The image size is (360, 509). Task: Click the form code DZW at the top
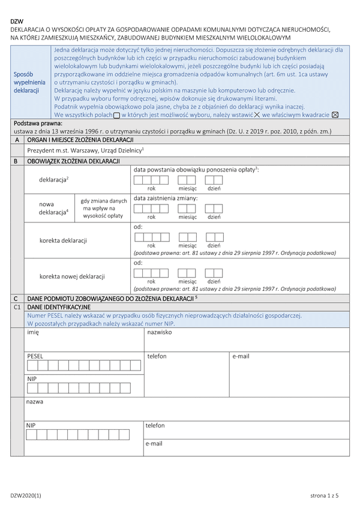[x=17, y=21]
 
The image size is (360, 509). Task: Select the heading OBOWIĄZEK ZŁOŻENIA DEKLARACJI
[x=74, y=161]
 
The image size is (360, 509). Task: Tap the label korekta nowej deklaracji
[x=73, y=276]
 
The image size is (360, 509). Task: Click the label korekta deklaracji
[x=63, y=240]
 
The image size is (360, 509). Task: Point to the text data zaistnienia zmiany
[x=166, y=198]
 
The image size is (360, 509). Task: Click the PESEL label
[x=35, y=356]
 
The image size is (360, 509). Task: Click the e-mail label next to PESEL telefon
[x=241, y=356]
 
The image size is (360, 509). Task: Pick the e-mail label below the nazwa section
[x=154, y=444]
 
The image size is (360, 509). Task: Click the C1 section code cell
[x=17, y=306]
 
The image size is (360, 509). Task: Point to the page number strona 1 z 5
[x=325, y=495]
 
